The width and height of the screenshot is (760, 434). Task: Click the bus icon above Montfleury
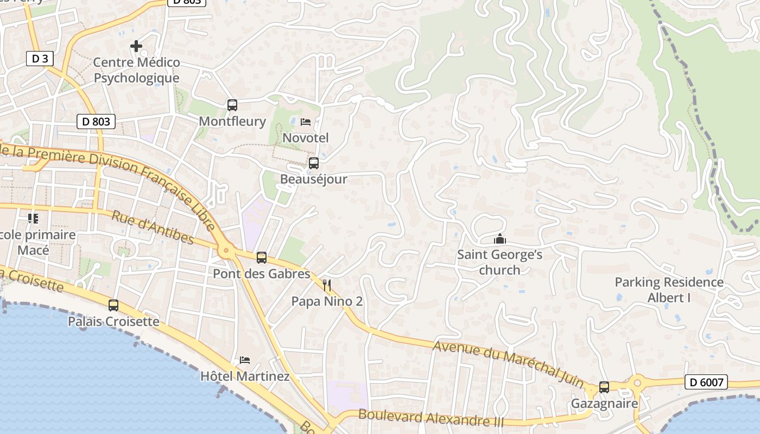[232, 105]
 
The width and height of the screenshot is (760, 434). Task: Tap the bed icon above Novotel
[306, 122]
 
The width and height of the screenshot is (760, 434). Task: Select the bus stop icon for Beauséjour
[313, 163]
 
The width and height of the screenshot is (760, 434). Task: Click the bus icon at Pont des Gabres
[262, 258]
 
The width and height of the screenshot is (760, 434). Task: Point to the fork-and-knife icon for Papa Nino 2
[327, 285]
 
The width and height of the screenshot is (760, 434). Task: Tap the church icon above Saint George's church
[499, 239]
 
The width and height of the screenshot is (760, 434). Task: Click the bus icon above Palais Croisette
[113, 305]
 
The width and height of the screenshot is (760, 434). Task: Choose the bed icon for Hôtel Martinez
[245, 360]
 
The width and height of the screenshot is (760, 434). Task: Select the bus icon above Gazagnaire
[604, 387]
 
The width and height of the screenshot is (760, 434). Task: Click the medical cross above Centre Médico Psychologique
[136, 46]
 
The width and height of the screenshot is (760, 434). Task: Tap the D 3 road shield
[40, 59]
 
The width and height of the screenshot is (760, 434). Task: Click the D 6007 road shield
[706, 382]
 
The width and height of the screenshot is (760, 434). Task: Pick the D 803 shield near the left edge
[96, 122]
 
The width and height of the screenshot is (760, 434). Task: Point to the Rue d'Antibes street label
[153, 227]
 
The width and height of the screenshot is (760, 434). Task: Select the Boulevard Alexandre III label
[431, 418]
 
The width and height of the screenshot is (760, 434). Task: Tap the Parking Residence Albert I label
[669, 290]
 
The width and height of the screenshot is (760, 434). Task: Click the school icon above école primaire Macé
[33, 219]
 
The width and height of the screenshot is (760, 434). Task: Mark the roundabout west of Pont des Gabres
[226, 251]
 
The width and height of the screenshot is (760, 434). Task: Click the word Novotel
[306, 138]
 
